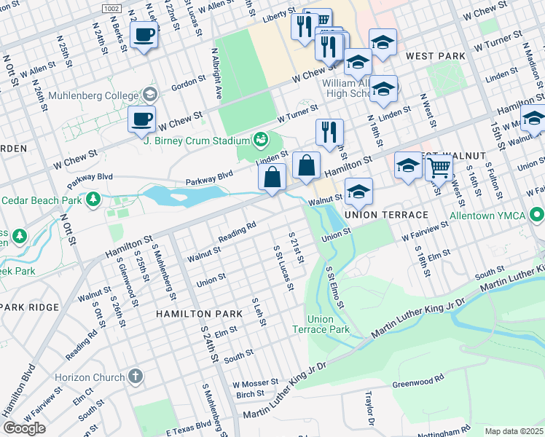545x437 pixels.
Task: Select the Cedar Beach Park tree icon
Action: tap(93, 199)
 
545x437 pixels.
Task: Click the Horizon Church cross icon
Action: tap(134, 377)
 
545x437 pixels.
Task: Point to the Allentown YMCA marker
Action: tap(537, 215)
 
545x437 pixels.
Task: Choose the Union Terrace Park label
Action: tap(321, 324)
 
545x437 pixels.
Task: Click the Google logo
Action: tap(24, 428)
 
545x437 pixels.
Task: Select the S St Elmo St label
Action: tap(334, 286)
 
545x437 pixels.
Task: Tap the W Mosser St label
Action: tap(255, 382)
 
